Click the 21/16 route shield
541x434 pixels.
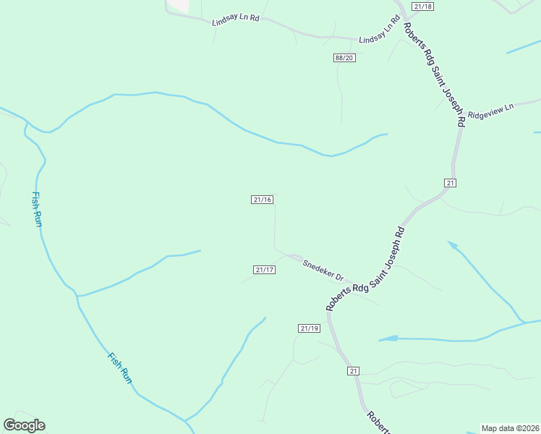[x=263, y=200]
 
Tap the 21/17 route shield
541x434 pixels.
[x=265, y=270]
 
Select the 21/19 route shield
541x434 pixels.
[x=309, y=328]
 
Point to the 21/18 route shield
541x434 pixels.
[x=422, y=7]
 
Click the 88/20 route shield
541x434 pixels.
[x=344, y=58]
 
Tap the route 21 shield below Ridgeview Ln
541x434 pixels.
[x=450, y=183]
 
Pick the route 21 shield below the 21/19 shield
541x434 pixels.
[x=353, y=371]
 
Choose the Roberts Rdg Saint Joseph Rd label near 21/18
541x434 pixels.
[x=433, y=75]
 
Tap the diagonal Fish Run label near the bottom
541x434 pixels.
[x=120, y=367]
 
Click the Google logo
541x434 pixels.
[x=24, y=425]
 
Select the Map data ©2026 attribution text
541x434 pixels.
[x=510, y=427]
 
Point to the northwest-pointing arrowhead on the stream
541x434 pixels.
[x=453, y=246]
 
